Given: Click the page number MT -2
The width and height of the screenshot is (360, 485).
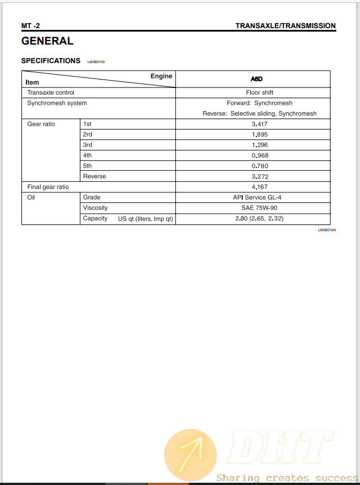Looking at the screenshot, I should click(30, 25).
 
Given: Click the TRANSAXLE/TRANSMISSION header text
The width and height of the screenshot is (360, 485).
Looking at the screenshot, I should click(285, 25).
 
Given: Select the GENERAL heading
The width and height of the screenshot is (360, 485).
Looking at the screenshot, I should click(47, 41).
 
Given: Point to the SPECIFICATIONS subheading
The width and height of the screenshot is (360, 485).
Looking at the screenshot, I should click(51, 60).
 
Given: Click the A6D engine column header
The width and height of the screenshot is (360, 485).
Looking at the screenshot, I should click(256, 79).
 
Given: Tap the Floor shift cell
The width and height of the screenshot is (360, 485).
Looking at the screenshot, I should click(260, 92).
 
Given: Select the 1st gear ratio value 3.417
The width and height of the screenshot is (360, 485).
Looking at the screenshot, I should click(260, 124).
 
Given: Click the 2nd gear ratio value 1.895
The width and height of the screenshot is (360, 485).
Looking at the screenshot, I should click(260, 134).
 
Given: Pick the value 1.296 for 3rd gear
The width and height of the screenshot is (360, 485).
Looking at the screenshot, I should click(260, 145).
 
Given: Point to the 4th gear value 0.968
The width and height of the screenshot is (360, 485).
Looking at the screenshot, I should click(260, 156).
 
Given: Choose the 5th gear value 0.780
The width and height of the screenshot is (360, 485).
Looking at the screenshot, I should click(260, 166).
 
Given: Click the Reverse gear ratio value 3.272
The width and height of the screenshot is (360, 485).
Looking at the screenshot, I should click(260, 177).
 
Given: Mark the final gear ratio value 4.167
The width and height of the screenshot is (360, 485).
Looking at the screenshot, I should click(260, 187).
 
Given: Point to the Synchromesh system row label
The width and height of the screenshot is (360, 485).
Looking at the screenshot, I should click(57, 103).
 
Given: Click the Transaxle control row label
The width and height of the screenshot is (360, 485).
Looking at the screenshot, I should click(51, 92).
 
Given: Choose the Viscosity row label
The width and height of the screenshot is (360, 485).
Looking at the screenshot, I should click(95, 208).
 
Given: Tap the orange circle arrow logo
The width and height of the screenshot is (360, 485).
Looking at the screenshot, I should click(190, 455).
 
